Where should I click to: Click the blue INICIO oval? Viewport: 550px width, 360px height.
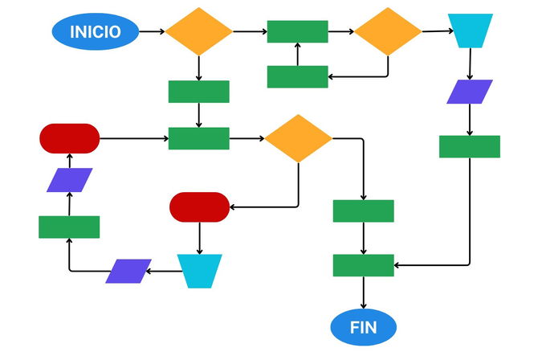(95, 32)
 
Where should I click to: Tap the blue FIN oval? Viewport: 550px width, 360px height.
(364, 327)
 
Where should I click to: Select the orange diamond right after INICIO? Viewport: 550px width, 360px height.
(199, 31)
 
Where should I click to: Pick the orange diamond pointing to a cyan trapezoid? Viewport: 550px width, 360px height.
(388, 31)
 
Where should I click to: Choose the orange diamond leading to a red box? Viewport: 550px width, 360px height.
(298, 138)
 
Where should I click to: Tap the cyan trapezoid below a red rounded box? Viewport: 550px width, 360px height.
(199, 271)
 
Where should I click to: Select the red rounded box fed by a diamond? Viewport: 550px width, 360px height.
(199, 207)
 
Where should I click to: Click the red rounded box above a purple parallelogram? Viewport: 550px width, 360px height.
(70, 137)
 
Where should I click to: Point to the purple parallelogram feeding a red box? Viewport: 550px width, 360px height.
(69, 180)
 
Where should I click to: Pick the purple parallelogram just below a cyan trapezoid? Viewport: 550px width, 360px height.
(470, 92)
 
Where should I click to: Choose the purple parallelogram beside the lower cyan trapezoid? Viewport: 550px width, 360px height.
(128, 271)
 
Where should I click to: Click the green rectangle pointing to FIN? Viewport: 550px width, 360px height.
(364, 265)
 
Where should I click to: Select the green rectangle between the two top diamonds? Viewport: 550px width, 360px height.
(297, 31)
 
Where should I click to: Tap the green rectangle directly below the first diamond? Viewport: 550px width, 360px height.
(199, 92)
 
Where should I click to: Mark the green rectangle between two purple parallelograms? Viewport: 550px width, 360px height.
(69, 227)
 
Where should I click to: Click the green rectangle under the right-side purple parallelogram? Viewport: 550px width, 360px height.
(470, 146)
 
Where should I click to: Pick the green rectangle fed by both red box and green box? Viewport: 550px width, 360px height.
(199, 138)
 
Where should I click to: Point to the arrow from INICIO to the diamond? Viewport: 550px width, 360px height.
(153, 32)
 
